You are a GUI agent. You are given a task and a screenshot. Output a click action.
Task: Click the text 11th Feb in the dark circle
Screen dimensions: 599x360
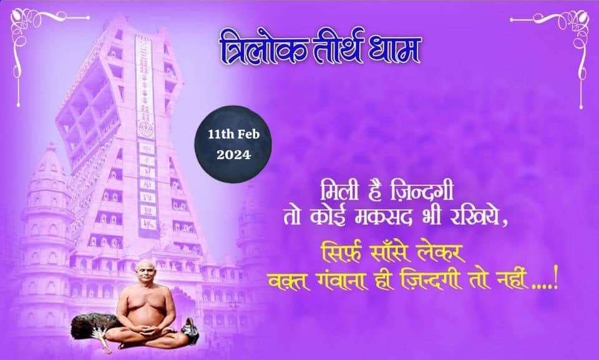tap(234, 134)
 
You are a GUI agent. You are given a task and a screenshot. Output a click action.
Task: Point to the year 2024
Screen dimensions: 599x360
tap(234, 155)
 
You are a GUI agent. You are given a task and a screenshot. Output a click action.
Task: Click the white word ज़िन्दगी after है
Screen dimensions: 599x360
tap(421, 190)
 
